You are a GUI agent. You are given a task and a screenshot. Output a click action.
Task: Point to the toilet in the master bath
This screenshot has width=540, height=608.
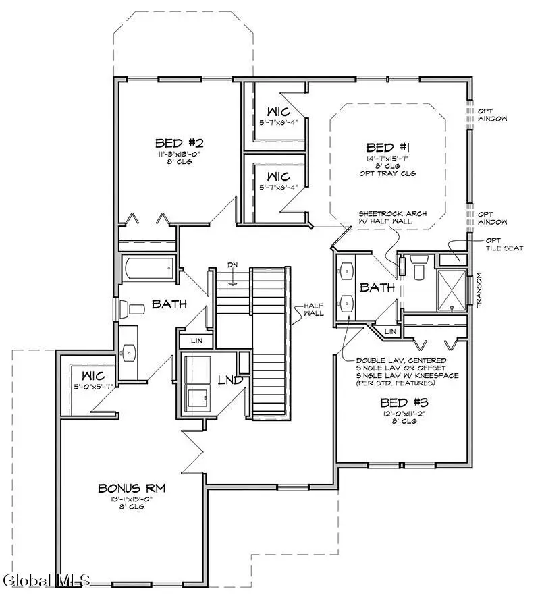(x=417, y=268)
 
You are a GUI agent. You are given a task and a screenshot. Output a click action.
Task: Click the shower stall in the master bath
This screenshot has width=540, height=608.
(x=450, y=290)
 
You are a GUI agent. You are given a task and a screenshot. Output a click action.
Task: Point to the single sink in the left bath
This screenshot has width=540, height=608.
(x=128, y=351)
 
